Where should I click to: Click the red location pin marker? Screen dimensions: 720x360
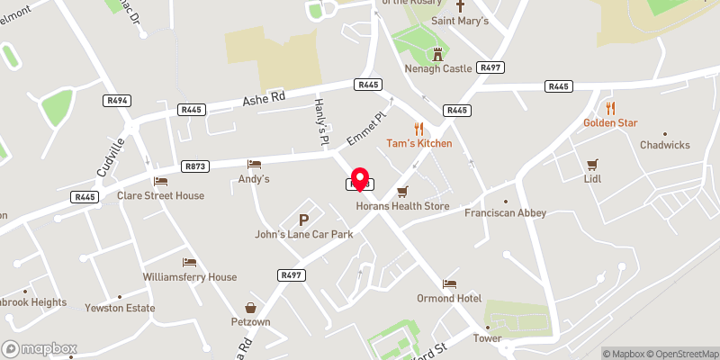(360, 179)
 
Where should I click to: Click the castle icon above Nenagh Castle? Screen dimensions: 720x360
(438, 53)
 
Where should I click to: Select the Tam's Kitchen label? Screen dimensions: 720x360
(418, 143)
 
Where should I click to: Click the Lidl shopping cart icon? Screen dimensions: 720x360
(591, 165)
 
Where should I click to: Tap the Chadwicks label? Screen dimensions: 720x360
(663, 145)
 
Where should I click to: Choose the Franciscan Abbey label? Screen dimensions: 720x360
(505, 213)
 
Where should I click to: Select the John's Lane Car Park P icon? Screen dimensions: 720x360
(303, 219)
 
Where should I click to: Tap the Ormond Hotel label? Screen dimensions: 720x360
(449, 298)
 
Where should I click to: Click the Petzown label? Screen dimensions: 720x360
(248, 321)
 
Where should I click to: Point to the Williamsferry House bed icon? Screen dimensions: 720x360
(189, 262)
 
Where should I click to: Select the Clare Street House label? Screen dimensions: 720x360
(160, 195)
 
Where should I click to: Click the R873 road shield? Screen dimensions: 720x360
(195, 166)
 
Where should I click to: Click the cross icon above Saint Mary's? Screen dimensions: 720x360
(459, 5)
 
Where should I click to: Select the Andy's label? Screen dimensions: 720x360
(254, 179)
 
